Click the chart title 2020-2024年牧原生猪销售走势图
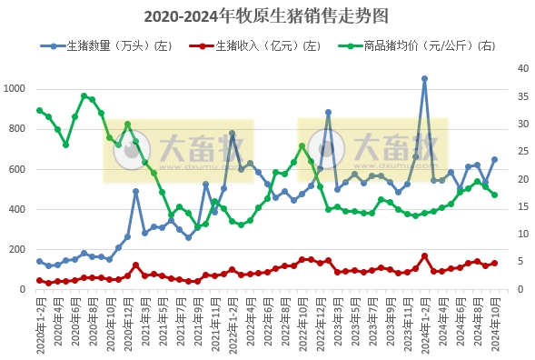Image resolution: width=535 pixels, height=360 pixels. pos(266,16)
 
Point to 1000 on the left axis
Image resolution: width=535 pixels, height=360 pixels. pos(16,88)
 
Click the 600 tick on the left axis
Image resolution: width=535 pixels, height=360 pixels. pos(19,169)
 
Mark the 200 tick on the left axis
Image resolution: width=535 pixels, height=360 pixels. pos(19,250)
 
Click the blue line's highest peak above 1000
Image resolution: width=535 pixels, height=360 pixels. pos(424,79)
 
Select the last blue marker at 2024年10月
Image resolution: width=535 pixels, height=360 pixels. pos(495,159)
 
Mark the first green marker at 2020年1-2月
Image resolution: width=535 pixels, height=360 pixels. pos(39,110)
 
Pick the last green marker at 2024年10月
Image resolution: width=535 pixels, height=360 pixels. pos(495,195)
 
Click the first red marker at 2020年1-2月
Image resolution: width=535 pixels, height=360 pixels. pos(39,281)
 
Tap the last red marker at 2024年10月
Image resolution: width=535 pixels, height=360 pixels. pos(495,264)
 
